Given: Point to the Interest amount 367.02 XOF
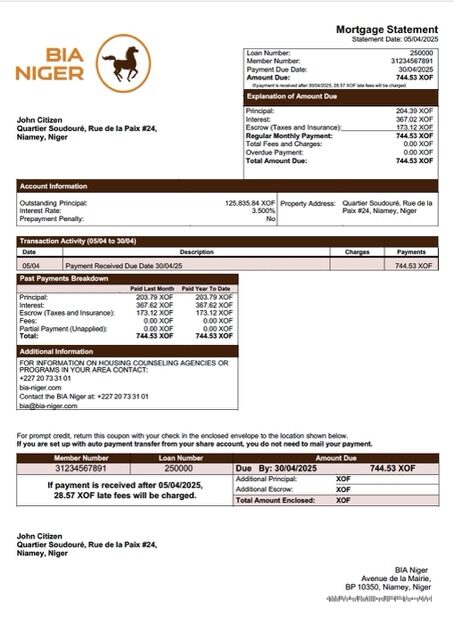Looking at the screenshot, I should (x=414, y=119).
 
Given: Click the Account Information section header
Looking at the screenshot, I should (x=54, y=186).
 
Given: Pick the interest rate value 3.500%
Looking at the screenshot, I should (x=262, y=211).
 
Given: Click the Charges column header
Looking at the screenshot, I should (x=357, y=252).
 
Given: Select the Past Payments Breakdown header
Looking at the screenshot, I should (x=65, y=278).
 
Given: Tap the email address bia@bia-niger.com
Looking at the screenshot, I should (x=49, y=406).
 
